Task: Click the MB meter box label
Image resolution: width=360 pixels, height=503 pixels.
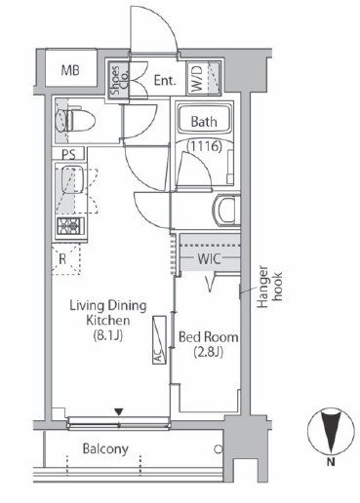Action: click(70, 70)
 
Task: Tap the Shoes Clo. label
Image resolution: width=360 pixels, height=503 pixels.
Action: click(119, 80)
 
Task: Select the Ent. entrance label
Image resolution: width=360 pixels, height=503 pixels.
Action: click(165, 80)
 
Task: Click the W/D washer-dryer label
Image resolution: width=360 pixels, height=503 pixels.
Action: click(197, 78)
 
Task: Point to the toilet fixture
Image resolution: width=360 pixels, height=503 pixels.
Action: click(75, 121)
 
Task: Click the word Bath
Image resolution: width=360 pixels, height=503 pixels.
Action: click(204, 122)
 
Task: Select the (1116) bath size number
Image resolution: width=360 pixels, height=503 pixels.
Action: click(204, 146)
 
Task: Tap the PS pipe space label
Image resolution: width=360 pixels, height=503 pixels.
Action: click(68, 155)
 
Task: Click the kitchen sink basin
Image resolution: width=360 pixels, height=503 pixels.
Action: click(72, 179)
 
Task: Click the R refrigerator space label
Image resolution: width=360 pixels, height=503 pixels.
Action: click(62, 259)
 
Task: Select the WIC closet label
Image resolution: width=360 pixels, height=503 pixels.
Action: click(210, 259)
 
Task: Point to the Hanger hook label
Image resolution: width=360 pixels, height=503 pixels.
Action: click(269, 287)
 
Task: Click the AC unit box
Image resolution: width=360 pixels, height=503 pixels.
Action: click(159, 339)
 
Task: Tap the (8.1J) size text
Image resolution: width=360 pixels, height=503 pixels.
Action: click(108, 335)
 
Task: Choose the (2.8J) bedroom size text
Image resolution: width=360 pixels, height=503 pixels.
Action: click(209, 352)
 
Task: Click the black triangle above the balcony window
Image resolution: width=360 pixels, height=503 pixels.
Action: click(119, 412)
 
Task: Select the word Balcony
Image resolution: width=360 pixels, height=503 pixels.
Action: click(105, 449)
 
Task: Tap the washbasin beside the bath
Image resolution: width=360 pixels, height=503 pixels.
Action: click(226, 210)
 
